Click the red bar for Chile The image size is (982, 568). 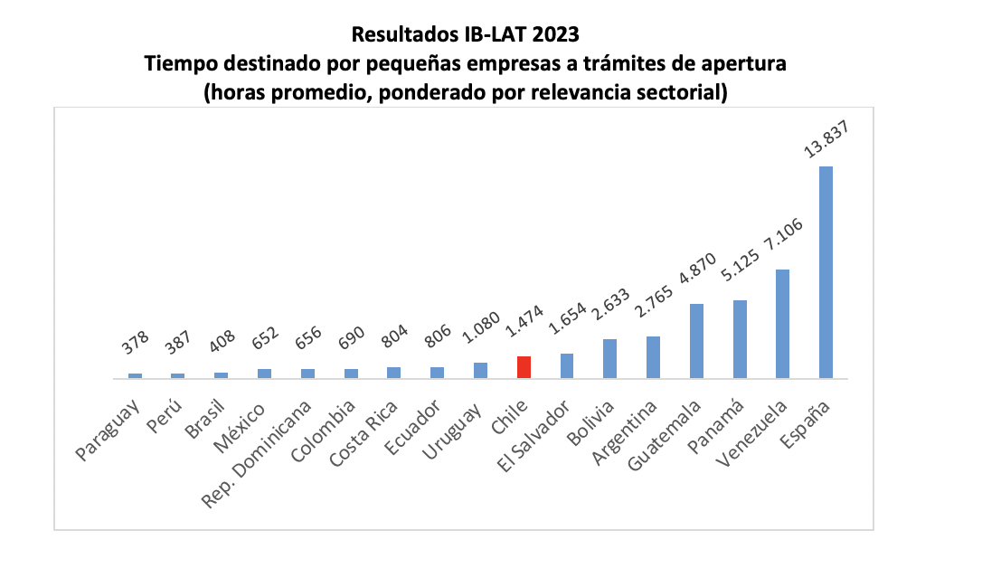pyautogui.click(x=524, y=367)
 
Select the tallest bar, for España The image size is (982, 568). pyautogui.click(x=826, y=271)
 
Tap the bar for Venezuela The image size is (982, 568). pyautogui.click(x=783, y=323)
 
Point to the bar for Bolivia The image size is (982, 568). pyautogui.click(x=609, y=358)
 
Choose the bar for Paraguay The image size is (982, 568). pyautogui.click(x=135, y=375)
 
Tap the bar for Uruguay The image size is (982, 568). pyautogui.click(x=480, y=370)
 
